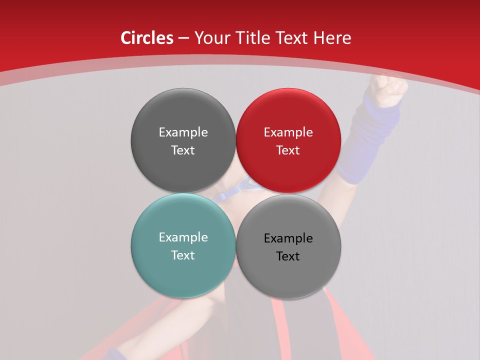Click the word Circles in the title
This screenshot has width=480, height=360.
tap(147, 38)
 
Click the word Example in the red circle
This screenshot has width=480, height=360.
tap(288, 132)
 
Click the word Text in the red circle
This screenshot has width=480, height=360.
tap(288, 150)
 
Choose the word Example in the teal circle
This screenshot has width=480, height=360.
tap(183, 237)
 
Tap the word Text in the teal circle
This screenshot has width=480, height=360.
tap(183, 255)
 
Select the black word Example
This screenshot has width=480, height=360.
tap(288, 238)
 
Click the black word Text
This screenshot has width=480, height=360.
tap(288, 256)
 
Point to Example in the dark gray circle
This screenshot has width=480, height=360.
tap(183, 132)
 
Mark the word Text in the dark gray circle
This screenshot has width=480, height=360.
tap(183, 150)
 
